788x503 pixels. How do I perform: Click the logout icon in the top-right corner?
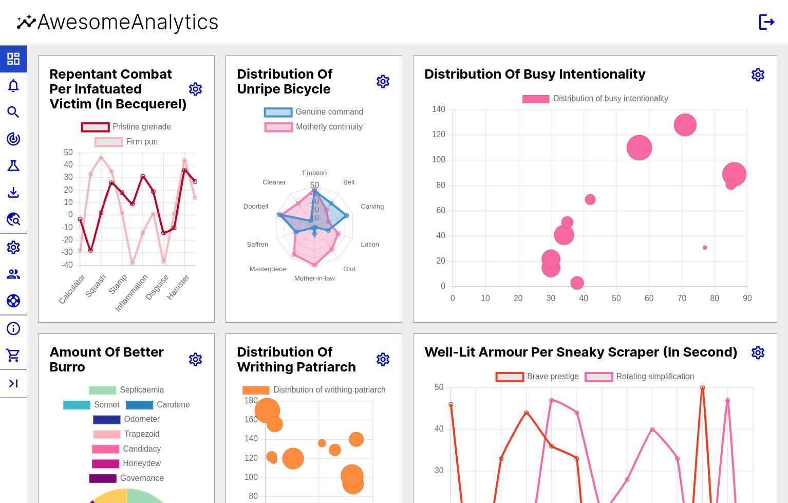coord(766,22)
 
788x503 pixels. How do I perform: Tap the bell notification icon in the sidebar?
coord(13,85)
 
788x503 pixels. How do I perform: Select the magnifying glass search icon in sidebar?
coord(13,112)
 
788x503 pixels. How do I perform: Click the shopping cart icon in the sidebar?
coord(13,355)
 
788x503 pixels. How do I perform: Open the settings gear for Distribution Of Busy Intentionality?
coord(758,74)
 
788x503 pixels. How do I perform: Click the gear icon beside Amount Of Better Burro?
coord(195,359)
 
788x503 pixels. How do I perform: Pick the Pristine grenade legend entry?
coord(126,127)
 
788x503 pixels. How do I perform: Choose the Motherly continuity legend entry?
coord(314,127)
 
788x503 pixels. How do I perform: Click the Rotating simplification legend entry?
coord(640,377)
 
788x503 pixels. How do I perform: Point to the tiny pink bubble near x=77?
coord(705,248)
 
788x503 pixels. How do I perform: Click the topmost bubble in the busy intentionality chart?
coord(685,125)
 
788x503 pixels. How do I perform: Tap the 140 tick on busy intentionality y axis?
coord(438,109)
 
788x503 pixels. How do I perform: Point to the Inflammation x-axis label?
coord(132,293)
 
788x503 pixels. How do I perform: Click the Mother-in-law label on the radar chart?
coord(314,278)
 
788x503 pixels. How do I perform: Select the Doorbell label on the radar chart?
coord(256,207)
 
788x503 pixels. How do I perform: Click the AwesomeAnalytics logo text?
coord(127,22)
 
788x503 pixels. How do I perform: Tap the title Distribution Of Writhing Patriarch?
coord(296,359)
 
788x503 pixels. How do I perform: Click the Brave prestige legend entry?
coord(537,377)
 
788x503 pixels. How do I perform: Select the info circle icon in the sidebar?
coord(13,328)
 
